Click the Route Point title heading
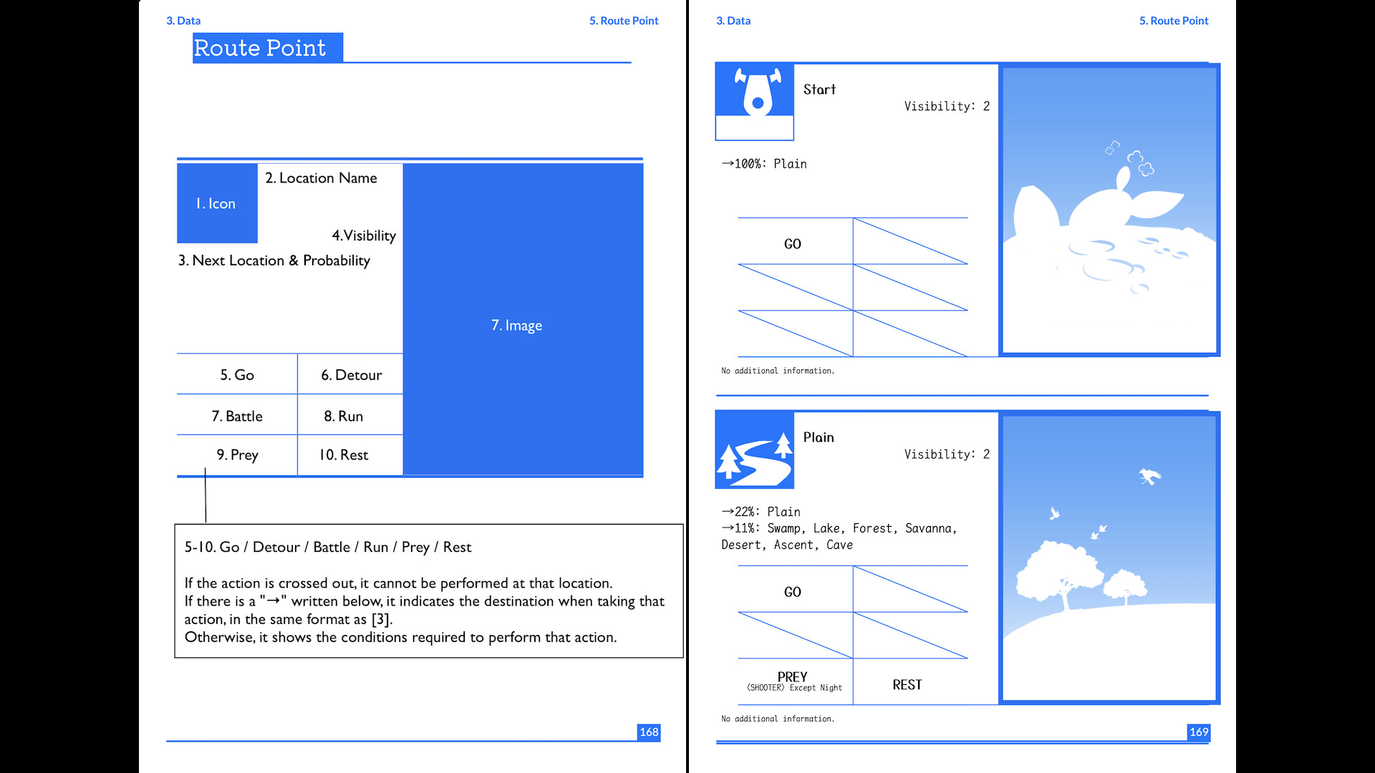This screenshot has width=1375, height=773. pyautogui.click(x=260, y=48)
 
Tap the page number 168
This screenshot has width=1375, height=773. pyautogui.click(x=649, y=731)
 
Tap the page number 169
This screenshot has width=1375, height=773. pyautogui.click(x=1199, y=731)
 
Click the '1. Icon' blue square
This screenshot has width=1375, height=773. pyautogui.click(x=217, y=203)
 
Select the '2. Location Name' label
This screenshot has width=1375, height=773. pyautogui.click(x=321, y=178)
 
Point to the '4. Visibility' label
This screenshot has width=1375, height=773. pyautogui.click(x=364, y=235)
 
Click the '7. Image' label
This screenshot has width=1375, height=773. pyautogui.click(x=516, y=326)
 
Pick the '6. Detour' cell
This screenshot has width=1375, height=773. pyautogui.click(x=351, y=375)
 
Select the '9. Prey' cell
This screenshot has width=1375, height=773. pyautogui.click(x=237, y=455)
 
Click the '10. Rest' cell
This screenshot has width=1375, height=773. pyautogui.click(x=344, y=455)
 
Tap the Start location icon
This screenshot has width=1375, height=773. pyautogui.click(x=755, y=93)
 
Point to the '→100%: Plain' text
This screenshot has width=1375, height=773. pyautogui.click(x=764, y=164)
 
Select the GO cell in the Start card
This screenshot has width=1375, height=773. pyautogui.click(x=793, y=244)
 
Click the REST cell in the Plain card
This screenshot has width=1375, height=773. pyautogui.click(x=907, y=685)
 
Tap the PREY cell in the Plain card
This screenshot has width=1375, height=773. pyautogui.click(x=793, y=681)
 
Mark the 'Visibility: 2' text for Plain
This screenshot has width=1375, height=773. pyautogui.click(x=947, y=454)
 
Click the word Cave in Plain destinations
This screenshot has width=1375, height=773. pyautogui.click(x=839, y=545)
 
